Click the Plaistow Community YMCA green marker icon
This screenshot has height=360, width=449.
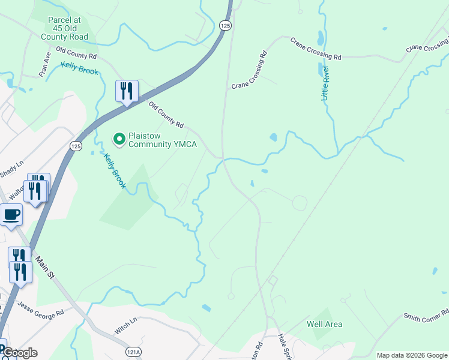pyautogui.click(x=119, y=139)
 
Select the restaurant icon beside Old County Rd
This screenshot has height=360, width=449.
pyautogui.click(x=127, y=91)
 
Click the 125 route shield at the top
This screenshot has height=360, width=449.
pyautogui.click(x=225, y=25)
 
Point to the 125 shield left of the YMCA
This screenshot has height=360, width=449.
pyautogui.click(x=76, y=146)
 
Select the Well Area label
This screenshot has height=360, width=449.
pyautogui.click(x=324, y=325)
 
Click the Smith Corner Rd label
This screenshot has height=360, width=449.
pyautogui.click(x=426, y=315)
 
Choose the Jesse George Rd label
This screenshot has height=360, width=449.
pyautogui.click(x=41, y=314)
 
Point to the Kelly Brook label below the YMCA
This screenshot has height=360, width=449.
pyautogui.click(x=114, y=171)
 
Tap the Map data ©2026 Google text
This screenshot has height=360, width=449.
pyautogui.click(x=412, y=355)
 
